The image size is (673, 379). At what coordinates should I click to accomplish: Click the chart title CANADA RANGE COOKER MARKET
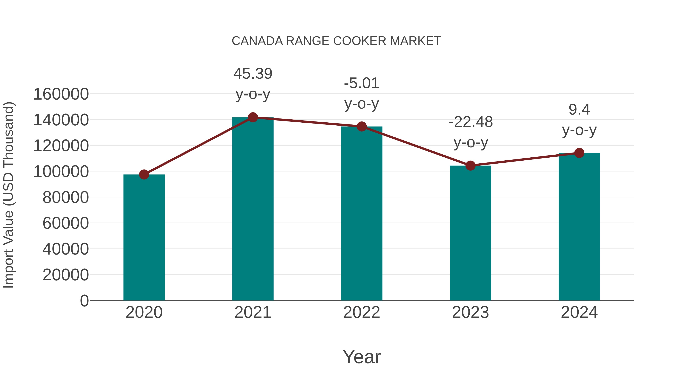click(336, 41)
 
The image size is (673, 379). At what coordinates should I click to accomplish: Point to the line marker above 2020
click(144, 174)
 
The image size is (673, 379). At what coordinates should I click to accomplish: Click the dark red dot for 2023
click(470, 166)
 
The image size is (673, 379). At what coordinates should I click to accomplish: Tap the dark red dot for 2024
click(579, 153)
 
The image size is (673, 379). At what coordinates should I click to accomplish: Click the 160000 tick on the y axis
click(61, 94)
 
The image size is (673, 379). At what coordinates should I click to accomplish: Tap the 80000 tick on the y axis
click(66, 197)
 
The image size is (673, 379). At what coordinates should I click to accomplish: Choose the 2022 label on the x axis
click(362, 312)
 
